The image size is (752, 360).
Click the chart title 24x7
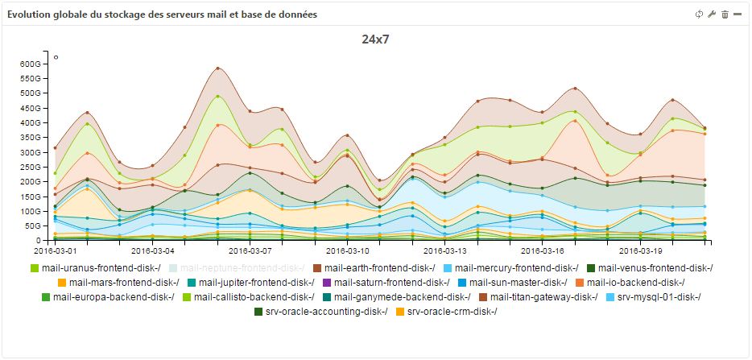[x=376, y=39]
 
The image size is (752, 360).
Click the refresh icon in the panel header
[x=699, y=14]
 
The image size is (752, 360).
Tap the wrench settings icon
[x=712, y=14]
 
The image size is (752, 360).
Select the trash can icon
[x=725, y=14]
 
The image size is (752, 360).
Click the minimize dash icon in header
[x=738, y=14]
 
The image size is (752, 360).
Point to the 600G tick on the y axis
[x=30, y=64]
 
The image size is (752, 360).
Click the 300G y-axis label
[x=30, y=152]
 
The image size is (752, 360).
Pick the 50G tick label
[x=32, y=226]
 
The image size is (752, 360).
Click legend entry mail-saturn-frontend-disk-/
[x=391, y=283]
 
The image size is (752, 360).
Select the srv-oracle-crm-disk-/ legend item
[x=452, y=312]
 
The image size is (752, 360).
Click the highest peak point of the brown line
[x=217, y=68]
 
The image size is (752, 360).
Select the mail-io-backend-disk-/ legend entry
[x=635, y=283]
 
